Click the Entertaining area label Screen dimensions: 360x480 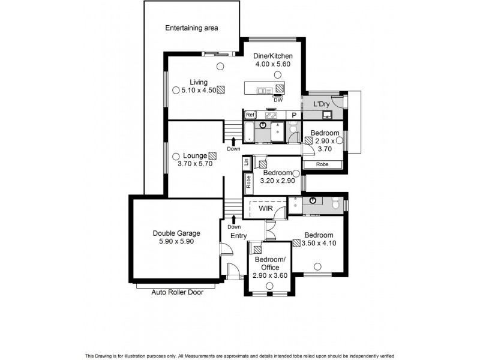pos(191,28)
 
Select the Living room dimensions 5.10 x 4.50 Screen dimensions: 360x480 pos(198,91)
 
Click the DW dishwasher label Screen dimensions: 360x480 pos(278,100)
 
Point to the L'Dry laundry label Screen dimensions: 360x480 pos(322,104)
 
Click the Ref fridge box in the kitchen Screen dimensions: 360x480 pos(250,115)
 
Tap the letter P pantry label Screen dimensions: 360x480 pos(294,115)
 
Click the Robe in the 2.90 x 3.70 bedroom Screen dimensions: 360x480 pos(323,164)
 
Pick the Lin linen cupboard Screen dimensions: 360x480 pos(247,162)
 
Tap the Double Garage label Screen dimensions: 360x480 pos(176,233)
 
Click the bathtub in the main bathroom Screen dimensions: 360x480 pos(257,132)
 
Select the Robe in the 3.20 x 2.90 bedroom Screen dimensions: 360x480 pos(247,181)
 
